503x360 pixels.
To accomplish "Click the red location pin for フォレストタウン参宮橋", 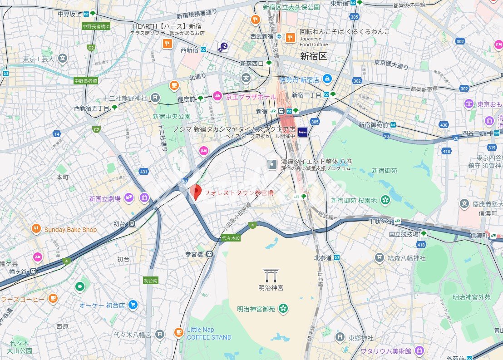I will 195,192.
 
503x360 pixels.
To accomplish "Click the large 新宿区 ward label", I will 313,56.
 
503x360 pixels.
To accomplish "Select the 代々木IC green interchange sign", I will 231,238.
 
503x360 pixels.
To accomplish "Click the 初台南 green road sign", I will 151,280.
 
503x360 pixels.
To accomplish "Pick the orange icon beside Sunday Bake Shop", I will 36,229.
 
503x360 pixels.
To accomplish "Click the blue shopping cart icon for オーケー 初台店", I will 133,305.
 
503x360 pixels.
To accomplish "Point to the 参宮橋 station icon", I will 209,254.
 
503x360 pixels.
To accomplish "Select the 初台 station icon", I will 132,223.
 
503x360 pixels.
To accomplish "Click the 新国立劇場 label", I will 104,198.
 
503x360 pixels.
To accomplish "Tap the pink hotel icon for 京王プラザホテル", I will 217,96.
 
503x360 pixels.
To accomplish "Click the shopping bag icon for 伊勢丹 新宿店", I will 327,79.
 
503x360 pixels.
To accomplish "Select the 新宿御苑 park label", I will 384,170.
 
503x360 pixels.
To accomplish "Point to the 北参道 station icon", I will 337,257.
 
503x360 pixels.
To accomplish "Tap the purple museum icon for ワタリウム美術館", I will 419,350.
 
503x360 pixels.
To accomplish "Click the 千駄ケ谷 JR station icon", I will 397,221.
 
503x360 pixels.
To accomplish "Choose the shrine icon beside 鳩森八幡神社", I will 379,258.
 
